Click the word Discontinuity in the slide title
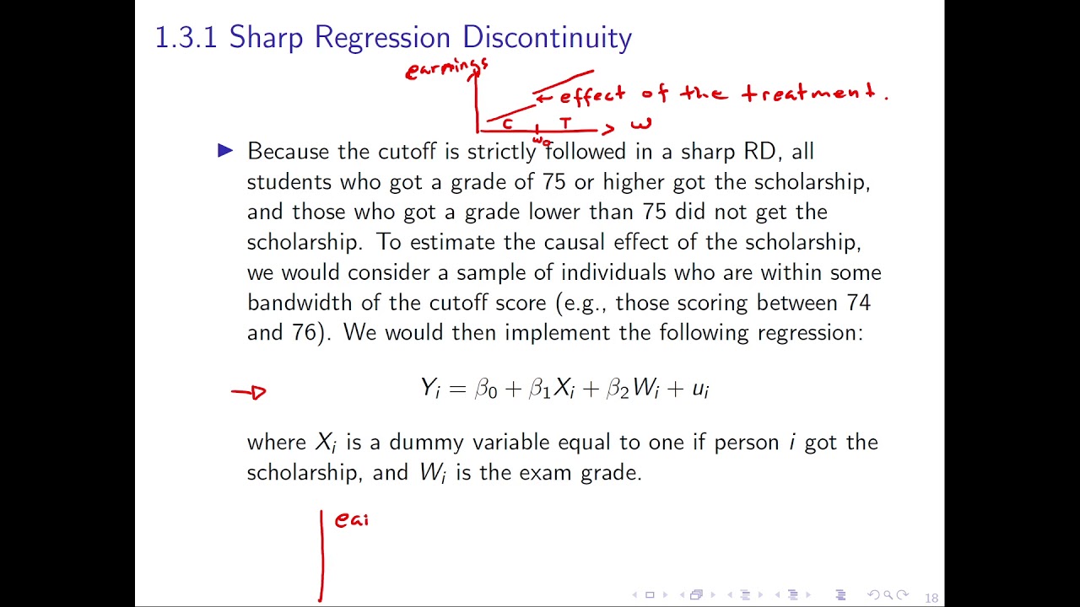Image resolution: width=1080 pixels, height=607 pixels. pos(547,37)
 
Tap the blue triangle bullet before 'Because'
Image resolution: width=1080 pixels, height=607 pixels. pos(225,151)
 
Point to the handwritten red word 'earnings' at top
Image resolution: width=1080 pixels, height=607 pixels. pos(446,68)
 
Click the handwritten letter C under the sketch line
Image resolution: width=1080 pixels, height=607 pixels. pos(507,124)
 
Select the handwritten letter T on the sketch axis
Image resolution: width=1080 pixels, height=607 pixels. pos(565,123)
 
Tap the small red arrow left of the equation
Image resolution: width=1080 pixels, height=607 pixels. pos(249,392)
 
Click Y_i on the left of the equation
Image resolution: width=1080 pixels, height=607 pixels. pos(430,388)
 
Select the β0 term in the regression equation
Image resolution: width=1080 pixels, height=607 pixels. pos(486,388)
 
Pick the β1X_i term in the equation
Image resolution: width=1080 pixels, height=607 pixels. pos(551,388)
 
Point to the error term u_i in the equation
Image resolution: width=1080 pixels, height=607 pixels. pos(700,389)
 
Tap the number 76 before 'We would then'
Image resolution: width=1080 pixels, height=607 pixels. pos(305,332)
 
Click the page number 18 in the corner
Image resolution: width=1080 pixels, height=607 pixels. pos(931,598)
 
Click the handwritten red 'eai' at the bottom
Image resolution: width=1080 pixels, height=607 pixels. pos(352,520)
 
